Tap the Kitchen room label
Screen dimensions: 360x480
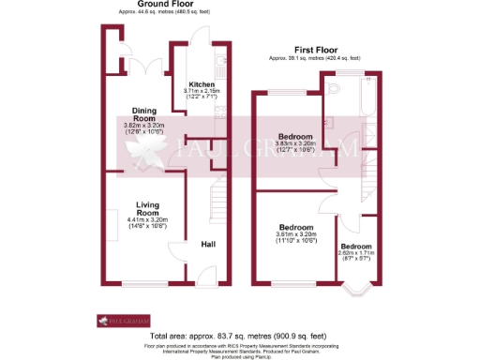click(x=202, y=83)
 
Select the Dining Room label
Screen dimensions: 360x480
click(x=143, y=114)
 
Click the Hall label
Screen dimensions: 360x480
click(x=211, y=245)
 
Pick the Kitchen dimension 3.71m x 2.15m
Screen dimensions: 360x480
click(x=201, y=93)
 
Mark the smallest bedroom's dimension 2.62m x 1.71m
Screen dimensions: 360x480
click(x=356, y=254)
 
